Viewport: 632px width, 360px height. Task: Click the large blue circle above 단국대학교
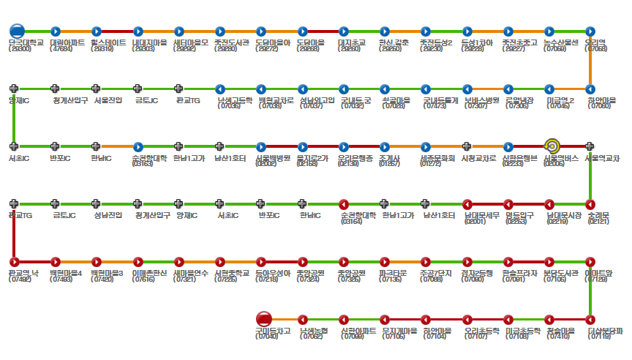click(17, 31)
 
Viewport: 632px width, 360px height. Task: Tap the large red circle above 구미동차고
click(264, 319)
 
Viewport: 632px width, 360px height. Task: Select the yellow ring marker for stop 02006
click(552, 146)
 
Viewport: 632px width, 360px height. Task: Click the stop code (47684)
click(56, 48)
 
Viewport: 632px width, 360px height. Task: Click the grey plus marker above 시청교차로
click(467, 146)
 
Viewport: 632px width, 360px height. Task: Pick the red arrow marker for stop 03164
click(343, 203)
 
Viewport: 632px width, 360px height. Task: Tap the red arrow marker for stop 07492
click(14, 261)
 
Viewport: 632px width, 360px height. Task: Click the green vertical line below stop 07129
click(590, 290)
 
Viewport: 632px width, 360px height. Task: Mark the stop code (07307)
click(476, 106)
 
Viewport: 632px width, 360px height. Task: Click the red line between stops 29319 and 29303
click(117, 31)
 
